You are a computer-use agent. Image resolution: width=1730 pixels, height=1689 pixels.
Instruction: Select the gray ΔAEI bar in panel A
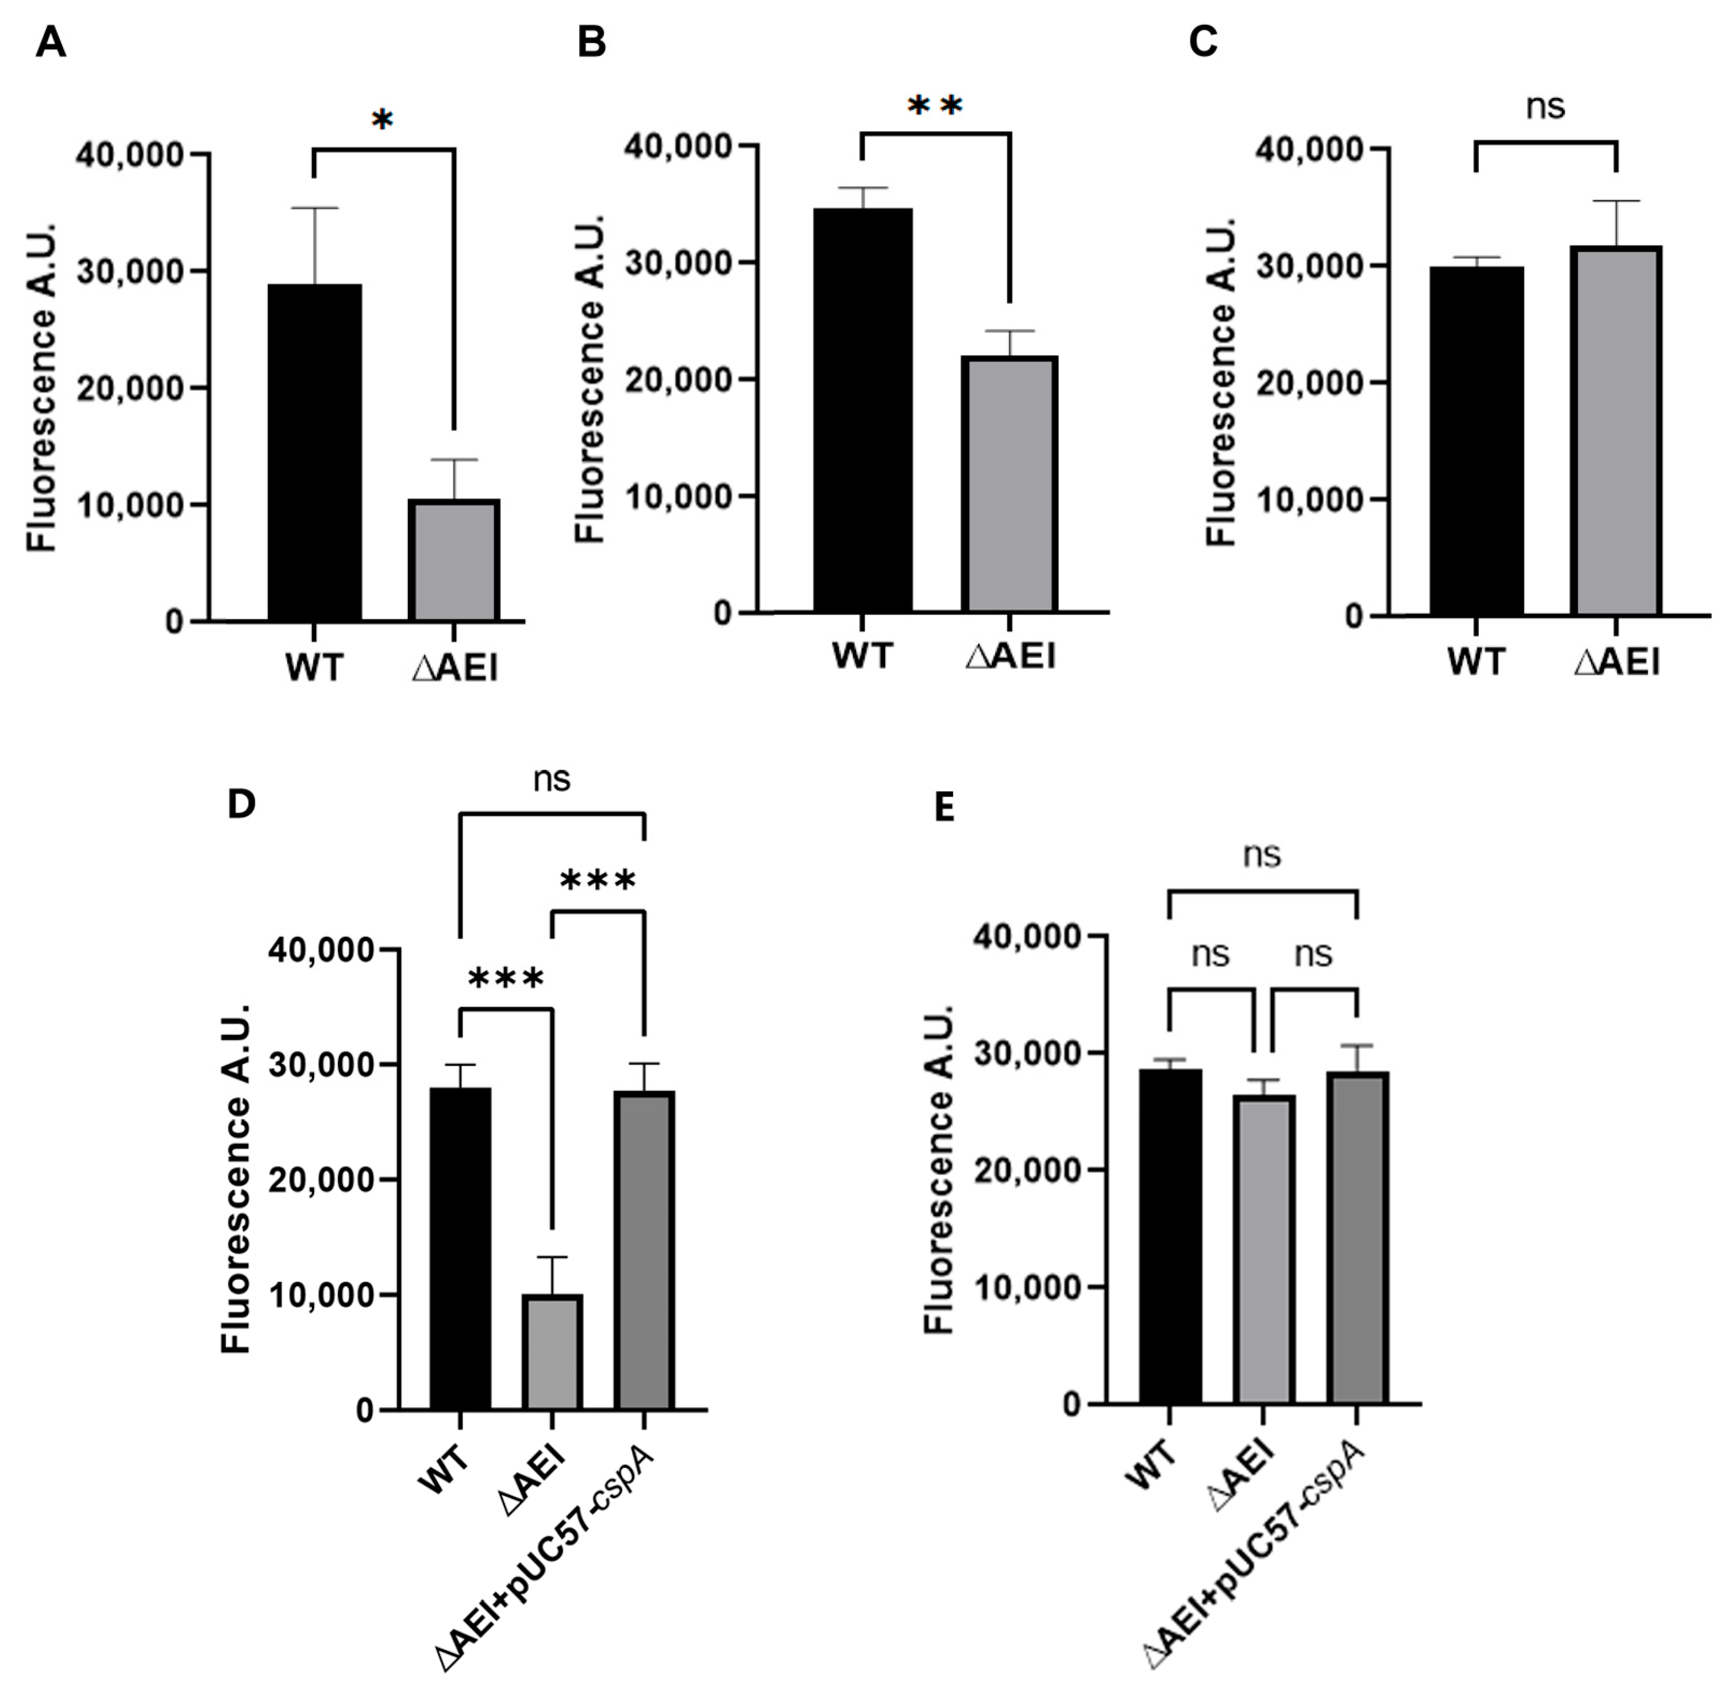click(454, 561)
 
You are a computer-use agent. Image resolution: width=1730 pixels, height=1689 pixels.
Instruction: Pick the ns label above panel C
click(1544, 106)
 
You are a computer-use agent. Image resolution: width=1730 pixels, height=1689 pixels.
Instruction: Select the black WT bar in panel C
click(1477, 441)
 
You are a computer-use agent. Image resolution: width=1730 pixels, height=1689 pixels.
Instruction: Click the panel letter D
click(241, 803)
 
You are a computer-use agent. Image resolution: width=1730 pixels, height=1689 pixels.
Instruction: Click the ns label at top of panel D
click(552, 779)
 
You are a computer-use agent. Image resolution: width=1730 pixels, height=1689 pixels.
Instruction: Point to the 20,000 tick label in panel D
click(321, 1180)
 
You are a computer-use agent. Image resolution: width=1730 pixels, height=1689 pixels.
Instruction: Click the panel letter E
click(945, 808)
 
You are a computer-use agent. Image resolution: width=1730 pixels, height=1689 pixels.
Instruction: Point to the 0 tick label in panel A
click(174, 622)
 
